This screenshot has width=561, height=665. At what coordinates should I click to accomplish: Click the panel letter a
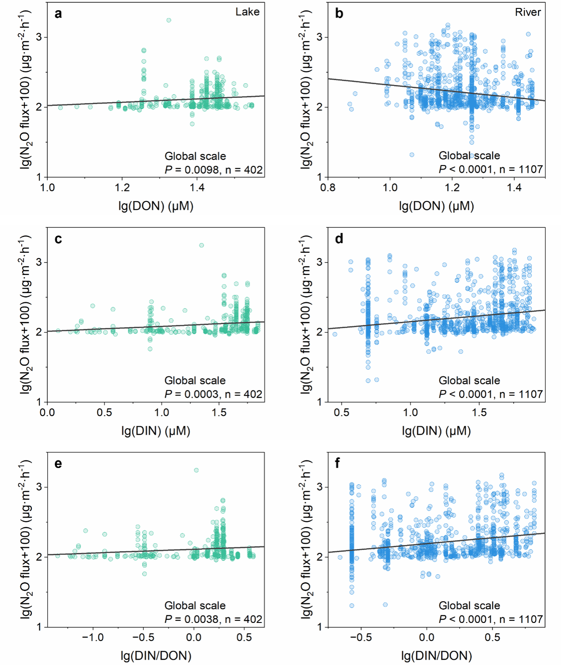pos(58,14)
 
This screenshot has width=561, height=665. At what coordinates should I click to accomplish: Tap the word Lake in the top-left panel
pos(247,12)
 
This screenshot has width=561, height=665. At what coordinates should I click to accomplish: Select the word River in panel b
pos(528,12)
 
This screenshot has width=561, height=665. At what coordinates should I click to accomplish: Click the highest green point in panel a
pos(169,20)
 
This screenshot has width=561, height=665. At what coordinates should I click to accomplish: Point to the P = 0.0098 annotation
pos(213,170)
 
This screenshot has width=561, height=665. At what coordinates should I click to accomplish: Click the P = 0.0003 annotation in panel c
pos(213,394)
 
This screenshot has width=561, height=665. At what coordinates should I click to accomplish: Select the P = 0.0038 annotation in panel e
pos(213,619)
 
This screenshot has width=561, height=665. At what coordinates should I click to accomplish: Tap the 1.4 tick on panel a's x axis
pos(197,188)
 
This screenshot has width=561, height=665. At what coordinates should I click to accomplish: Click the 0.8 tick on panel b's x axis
pos(328,188)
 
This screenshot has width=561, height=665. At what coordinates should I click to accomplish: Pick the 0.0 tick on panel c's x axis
pos(47,413)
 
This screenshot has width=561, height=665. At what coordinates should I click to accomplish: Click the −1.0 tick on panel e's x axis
pos(93,638)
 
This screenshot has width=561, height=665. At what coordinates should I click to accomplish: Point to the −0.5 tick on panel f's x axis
pos(361,638)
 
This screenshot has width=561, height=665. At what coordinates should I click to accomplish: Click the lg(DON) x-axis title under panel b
pos(436,206)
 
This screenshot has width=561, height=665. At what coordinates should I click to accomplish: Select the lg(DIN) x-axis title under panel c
pos(156,431)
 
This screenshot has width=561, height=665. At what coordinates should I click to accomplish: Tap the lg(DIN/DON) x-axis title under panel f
pos(436,656)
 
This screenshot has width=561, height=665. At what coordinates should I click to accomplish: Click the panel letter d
pos(339,239)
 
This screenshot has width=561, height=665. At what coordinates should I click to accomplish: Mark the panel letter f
pos(338,464)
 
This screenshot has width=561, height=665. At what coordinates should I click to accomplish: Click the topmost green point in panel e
pos(196,470)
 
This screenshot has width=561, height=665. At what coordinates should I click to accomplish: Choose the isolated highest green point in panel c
pos(201,245)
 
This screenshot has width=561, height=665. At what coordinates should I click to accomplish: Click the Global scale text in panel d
pos(469,381)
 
